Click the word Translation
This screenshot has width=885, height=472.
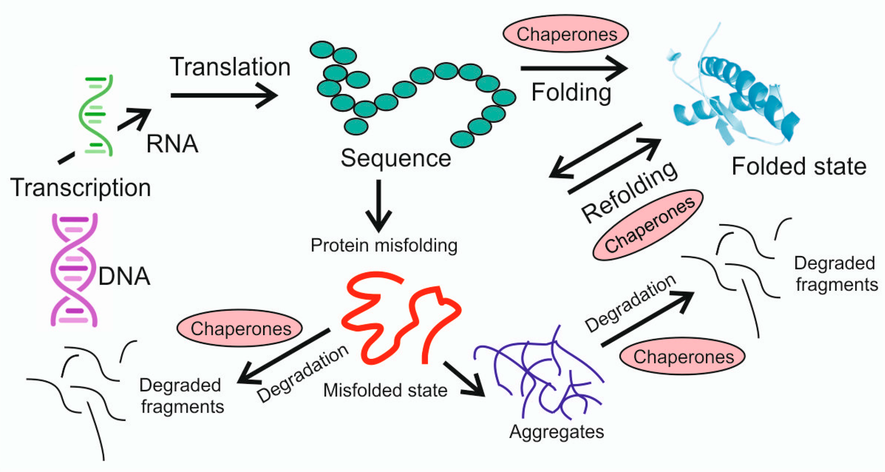pyautogui.click(x=230, y=67)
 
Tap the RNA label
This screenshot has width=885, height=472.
pyautogui.click(x=172, y=144)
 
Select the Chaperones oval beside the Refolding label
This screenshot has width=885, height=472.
pyautogui.click(x=648, y=226)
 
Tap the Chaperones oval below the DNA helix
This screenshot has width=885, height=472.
pyautogui.click(x=240, y=328)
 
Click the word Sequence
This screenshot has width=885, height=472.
pyautogui.click(x=396, y=158)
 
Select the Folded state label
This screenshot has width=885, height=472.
pyautogui.click(x=799, y=166)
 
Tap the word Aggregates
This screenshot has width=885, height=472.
pyautogui.click(x=557, y=432)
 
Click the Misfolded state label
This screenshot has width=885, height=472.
pyautogui.click(x=385, y=390)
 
